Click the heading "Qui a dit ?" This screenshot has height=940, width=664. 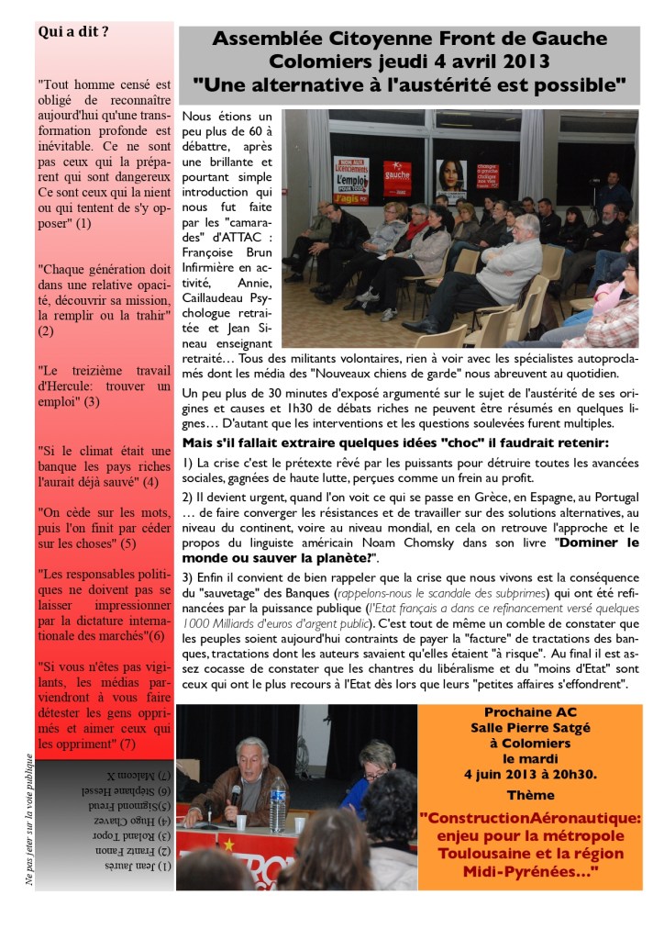pos(73,32)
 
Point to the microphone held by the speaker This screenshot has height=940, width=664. pos(236,790)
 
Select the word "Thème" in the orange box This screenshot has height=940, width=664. pos(523,795)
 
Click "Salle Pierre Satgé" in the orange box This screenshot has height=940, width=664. pos(523,728)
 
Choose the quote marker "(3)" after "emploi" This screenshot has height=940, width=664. pos(92,401)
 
